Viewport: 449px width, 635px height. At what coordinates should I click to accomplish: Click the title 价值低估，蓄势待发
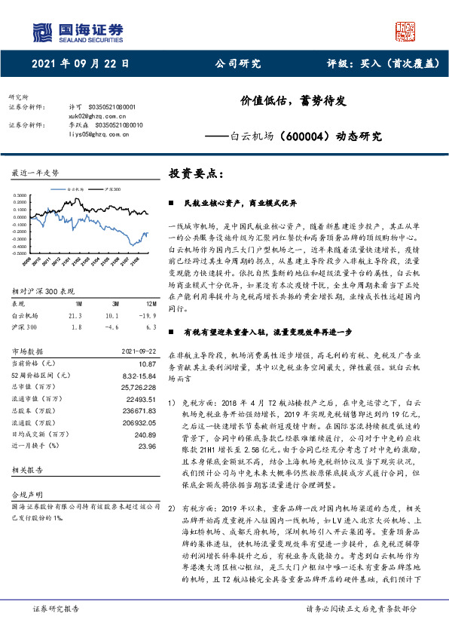point(292,100)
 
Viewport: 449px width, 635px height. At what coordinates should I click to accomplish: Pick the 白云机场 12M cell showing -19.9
point(146,295)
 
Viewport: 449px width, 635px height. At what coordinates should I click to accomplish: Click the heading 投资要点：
point(197,174)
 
